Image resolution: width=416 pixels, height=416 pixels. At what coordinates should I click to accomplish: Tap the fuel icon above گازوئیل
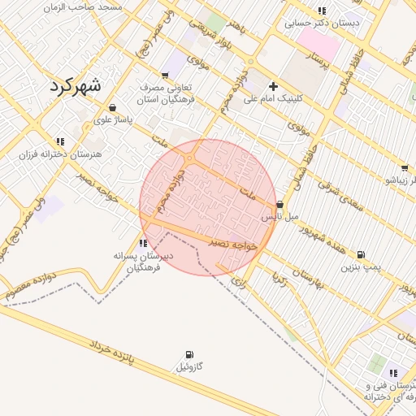189,354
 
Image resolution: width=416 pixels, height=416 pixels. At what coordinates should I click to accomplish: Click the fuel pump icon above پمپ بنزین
361,254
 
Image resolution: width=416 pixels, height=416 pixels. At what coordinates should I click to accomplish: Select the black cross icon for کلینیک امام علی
273,86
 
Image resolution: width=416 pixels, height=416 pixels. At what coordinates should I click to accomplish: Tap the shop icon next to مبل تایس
280,205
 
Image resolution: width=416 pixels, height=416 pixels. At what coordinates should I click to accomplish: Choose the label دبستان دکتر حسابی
322,24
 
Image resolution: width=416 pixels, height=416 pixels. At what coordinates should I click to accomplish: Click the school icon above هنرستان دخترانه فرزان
60,141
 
